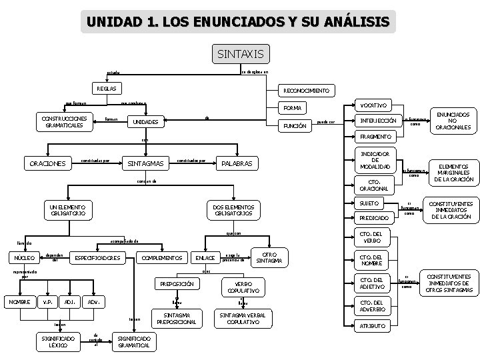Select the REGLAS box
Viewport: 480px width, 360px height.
click(x=106, y=88)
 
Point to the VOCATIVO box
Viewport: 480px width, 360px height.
click(x=373, y=105)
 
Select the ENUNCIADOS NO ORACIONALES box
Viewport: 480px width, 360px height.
click(x=453, y=121)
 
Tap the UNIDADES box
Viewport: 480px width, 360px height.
click(x=145, y=123)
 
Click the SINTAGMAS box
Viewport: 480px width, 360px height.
click(x=145, y=163)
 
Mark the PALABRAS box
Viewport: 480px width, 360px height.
click(x=237, y=163)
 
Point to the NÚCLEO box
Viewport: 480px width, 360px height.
click(x=25, y=258)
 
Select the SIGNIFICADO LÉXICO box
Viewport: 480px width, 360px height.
click(x=58, y=342)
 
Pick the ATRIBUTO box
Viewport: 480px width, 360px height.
click(x=373, y=326)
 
